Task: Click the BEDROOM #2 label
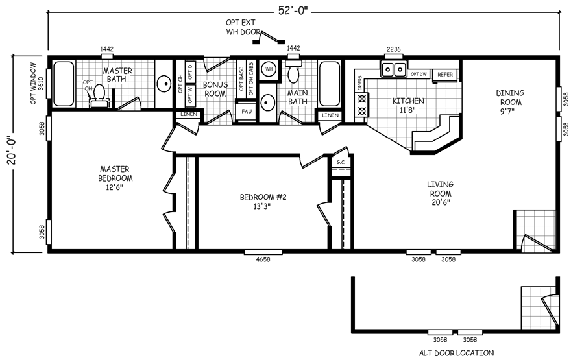263,202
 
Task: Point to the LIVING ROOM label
439,193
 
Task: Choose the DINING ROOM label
509,97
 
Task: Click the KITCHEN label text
409,105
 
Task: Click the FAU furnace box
247,111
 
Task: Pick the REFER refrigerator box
445,75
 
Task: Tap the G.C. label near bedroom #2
341,162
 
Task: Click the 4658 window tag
263,259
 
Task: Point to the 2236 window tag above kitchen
393,49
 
